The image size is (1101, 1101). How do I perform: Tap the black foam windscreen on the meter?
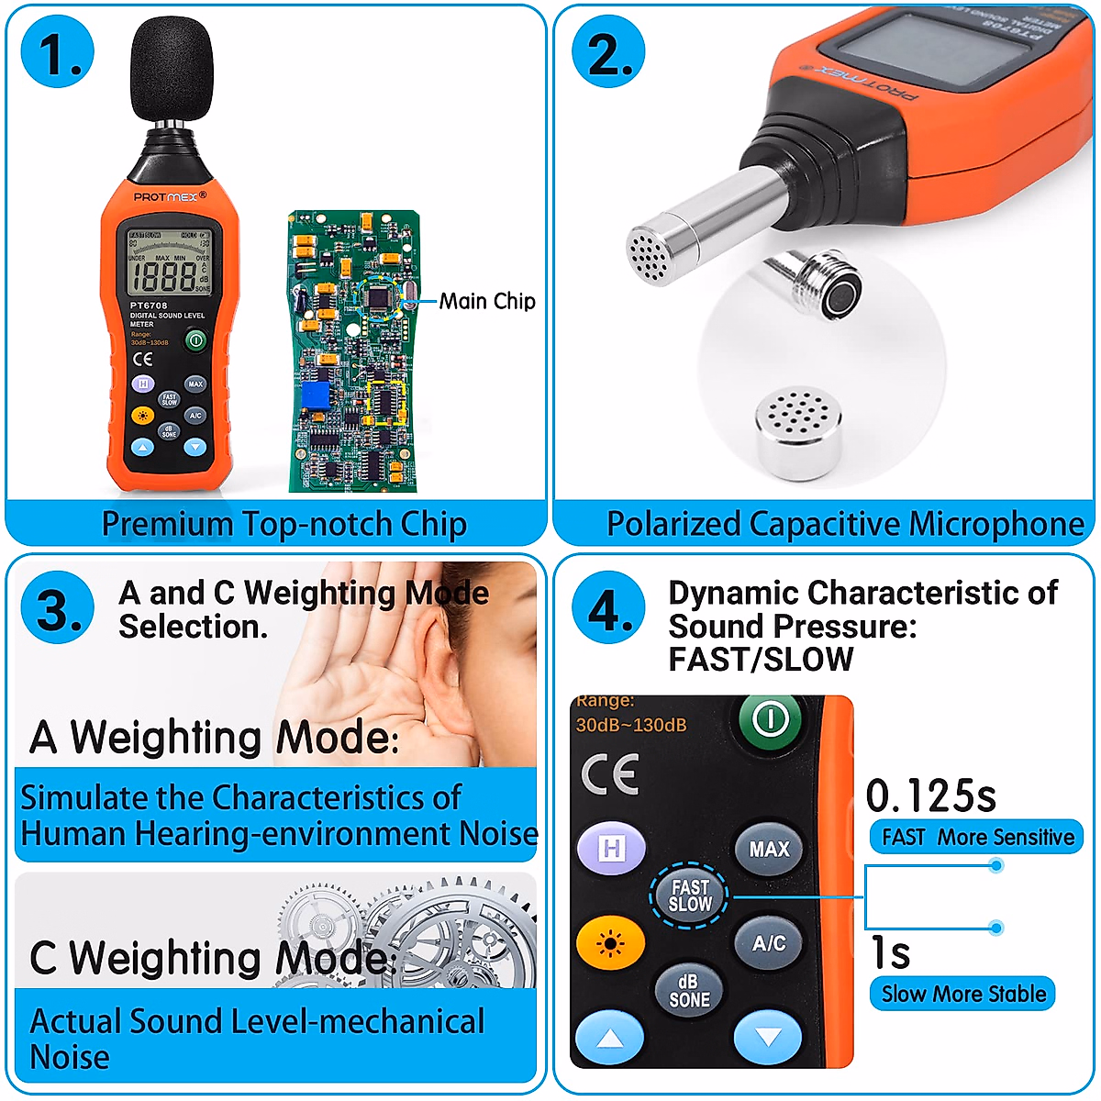click(172, 69)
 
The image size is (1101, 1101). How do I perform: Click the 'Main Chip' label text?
click(486, 301)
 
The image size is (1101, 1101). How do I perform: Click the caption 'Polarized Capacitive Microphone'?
click(845, 524)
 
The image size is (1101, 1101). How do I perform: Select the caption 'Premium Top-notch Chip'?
click(284, 524)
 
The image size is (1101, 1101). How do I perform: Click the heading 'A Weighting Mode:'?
click(214, 738)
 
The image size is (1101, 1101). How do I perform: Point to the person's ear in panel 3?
click(440, 679)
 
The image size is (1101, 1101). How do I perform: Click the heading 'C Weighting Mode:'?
click(212, 958)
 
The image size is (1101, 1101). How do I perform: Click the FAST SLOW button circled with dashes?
click(690, 895)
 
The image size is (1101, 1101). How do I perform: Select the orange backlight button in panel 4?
click(610, 942)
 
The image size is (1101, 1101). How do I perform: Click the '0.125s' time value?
click(930, 795)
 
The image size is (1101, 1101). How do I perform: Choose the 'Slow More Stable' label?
click(963, 994)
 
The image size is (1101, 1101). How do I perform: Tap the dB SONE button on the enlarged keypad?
click(689, 992)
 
